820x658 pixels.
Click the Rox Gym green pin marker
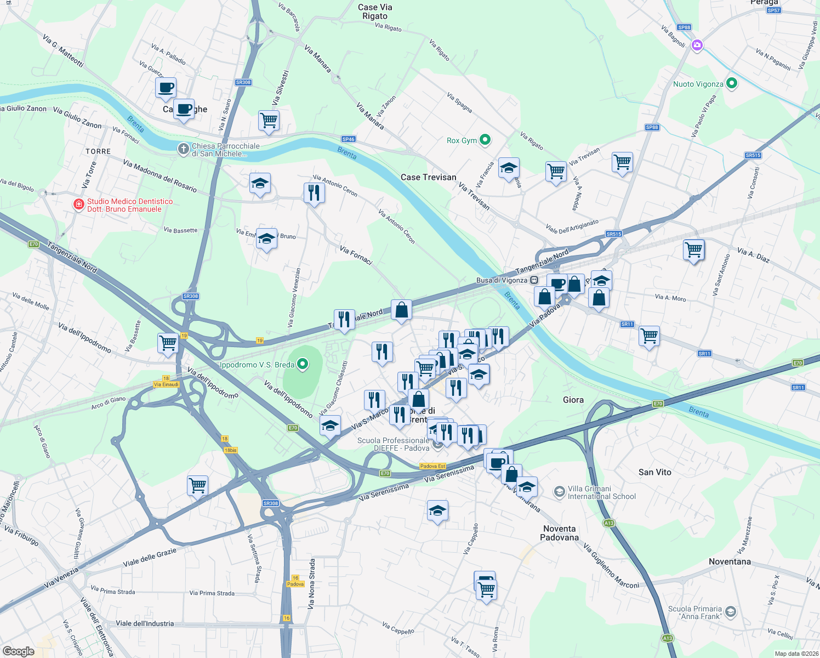[x=485, y=140]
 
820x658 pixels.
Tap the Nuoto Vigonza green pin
[x=731, y=83]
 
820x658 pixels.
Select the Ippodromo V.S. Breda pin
[x=302, y=364]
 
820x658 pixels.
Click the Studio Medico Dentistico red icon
[x=79, y=205]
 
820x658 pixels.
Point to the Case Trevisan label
[x=428, y=177]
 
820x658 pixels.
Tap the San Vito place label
[x=654, y=472]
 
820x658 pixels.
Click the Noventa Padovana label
[x=559, y=533]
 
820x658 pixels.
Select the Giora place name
[x=573, y=400]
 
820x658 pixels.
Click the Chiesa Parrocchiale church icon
[x=184, y=149]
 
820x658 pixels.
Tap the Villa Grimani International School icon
[x=559, y=492]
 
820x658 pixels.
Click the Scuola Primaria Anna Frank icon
[x=730, y=612]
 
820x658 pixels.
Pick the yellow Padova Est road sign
[x=432, y=466]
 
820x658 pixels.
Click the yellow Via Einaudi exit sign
[x=166, y=384]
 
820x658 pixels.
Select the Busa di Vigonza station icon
[x=534, y=280]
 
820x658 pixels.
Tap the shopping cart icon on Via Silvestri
[x=269, y=120]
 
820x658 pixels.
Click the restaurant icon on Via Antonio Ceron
[x=314, y=193]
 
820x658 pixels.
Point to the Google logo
[x=19, y=651]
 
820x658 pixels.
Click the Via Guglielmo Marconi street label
[x=611, y=566]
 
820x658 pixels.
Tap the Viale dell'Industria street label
[x=145, y=623]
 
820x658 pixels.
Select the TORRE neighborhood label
[x=98, y=151]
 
